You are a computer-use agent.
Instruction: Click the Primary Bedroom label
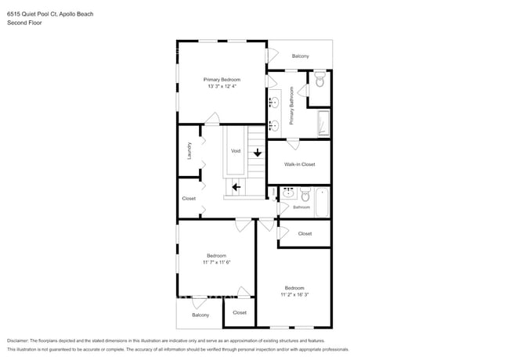tap(222, 79)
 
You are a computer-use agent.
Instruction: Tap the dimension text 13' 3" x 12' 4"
tap(222, 86)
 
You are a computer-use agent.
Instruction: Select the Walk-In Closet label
tap(299, 164)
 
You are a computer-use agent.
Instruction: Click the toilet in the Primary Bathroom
tap(319, 81)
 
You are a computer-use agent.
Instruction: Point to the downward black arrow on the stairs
tap(258, 153)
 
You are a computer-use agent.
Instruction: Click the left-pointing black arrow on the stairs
tap(236, 187)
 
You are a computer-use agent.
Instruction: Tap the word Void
tap(235, 151)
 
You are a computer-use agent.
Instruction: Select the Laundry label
tap(190, 150)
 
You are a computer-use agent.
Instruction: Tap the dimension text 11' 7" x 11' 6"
tap(216, 262)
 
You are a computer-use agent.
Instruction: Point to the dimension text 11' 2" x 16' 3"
tap(294, 294)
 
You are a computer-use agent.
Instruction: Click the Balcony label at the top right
tap(300, 56)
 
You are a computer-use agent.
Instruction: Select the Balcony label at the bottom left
tap(200, 315)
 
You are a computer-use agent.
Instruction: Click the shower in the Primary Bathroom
tap(323, 124)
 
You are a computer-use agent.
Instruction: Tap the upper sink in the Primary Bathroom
tap(275, 101)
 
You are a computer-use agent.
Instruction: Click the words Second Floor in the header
tap(23, 23)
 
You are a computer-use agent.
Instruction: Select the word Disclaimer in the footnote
tap(20, 341)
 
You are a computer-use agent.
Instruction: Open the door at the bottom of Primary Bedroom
tap(211, 120)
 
